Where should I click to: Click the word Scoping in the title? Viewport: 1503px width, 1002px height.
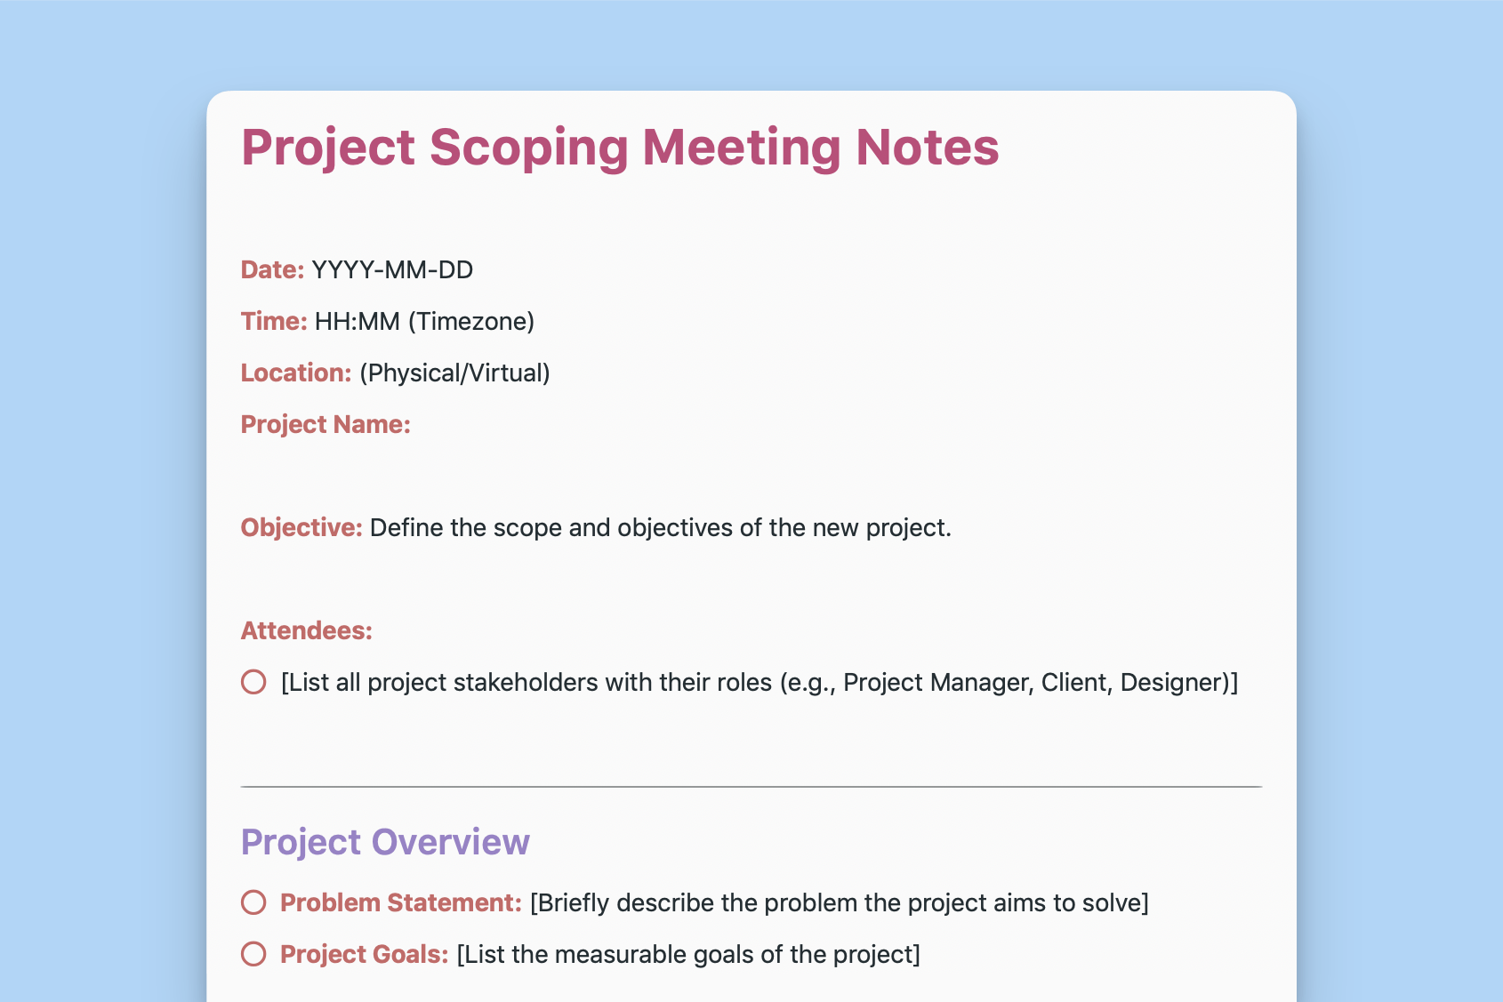pos(529,147)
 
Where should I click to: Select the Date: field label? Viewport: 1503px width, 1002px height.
pos(272,269)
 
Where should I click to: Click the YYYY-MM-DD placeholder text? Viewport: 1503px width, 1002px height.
pos(392,269)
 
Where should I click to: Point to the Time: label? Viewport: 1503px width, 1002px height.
pos(274,321)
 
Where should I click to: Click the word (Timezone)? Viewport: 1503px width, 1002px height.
pos(471,321)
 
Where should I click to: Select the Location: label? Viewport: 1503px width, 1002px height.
pos(296,373)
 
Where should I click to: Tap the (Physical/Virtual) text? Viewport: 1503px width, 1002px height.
pos(454,373)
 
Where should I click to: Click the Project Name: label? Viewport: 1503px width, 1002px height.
pos(326,424)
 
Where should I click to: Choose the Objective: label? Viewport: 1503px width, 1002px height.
pos(301,527)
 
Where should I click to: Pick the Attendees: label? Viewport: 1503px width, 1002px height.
pos(306,630)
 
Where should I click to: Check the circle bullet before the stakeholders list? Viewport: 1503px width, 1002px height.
pos(253,682)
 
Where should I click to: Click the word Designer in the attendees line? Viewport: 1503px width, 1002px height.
pos(1172,682)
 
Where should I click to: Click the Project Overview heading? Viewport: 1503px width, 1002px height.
pos(385,842)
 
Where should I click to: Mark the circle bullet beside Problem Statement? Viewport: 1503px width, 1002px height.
pos(253,902)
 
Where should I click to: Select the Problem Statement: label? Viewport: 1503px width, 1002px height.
pos(400,902)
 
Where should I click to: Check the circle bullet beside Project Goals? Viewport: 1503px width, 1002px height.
pos(253,954)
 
